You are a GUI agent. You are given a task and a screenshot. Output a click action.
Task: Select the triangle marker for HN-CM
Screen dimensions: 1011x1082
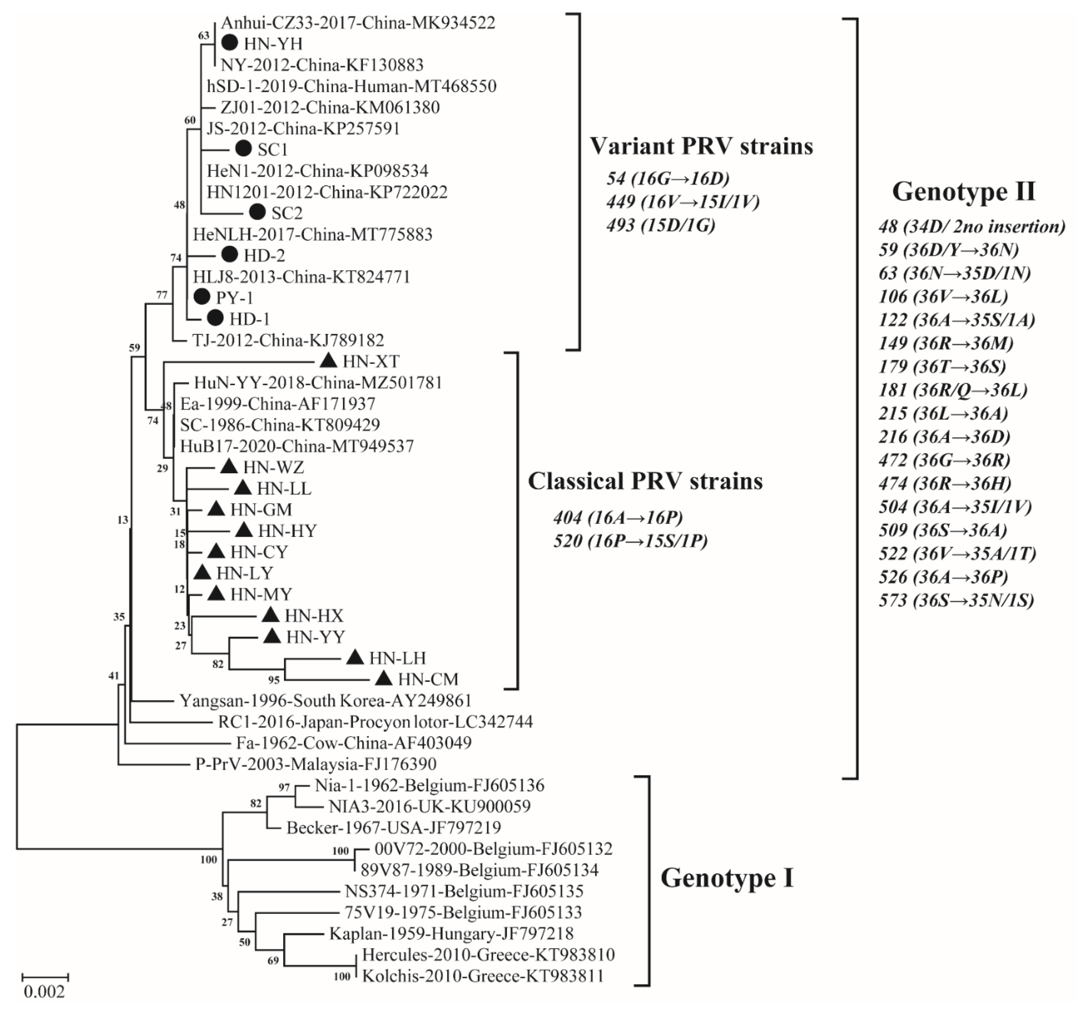384,678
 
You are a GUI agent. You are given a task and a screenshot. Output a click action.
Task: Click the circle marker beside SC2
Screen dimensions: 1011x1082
257,212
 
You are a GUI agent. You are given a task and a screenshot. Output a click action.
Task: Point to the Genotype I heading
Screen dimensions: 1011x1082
727,878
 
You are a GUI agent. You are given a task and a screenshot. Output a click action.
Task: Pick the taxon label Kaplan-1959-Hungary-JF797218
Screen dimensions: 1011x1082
451,934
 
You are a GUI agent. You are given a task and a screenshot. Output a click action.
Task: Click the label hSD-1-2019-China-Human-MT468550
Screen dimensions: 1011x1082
351,86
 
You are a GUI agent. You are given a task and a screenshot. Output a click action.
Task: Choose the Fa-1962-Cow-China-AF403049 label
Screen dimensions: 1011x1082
354,742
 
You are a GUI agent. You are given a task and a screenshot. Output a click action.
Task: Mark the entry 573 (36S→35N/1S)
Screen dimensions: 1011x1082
956,600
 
